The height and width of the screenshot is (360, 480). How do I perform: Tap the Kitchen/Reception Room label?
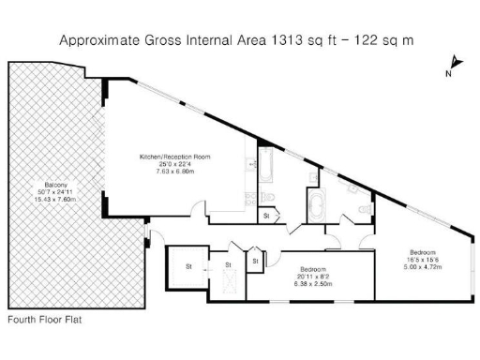(173, 155)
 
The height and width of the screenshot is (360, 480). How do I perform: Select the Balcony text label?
(53, 184)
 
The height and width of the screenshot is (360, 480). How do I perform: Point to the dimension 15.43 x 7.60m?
(53, 199)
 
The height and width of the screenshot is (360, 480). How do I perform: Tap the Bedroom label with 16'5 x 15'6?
(421, 250)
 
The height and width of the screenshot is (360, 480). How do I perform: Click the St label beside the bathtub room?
(266, 217)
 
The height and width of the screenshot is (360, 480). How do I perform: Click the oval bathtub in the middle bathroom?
(314, 203)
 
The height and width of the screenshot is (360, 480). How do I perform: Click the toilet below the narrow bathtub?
(266, 195)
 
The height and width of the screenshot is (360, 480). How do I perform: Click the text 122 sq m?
(388, 40)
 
